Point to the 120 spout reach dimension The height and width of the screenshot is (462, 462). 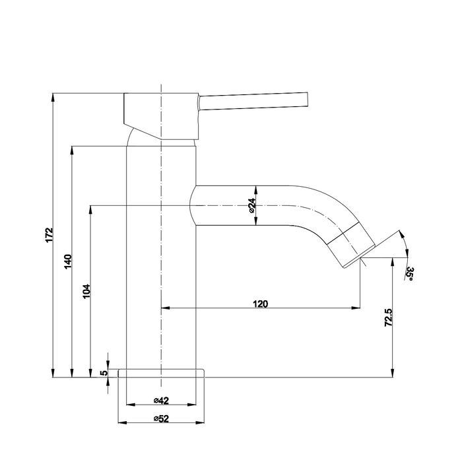(x=260, y=304)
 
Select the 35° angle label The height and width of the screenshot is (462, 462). (x=410, y=274)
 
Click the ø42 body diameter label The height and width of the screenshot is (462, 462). (x=161, y=400)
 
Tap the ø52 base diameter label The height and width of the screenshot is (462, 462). (x=161, y=418)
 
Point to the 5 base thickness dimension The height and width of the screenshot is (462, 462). (x=103, y=373)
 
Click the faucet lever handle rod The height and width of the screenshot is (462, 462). (x=254, y=102)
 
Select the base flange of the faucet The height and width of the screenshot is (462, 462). (x=161, y=374)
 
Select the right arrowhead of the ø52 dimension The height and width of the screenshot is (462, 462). (x=201, y=422)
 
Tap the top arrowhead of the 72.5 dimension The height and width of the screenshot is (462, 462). (x=394, y=261)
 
